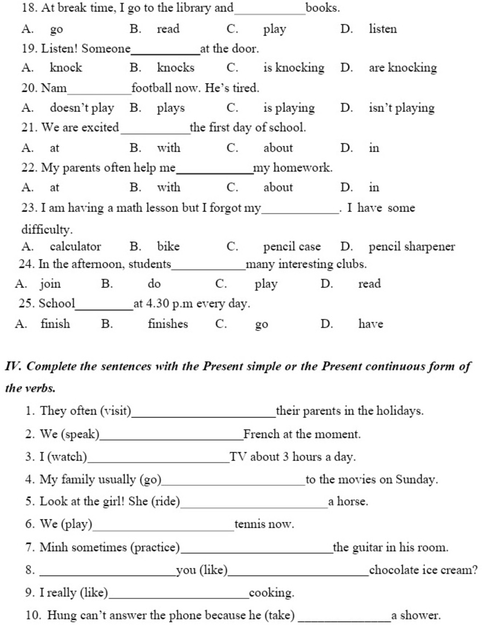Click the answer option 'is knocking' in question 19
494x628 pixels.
pyautogui.click(x=293, y=68)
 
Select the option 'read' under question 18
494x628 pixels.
pyautogui.click(x=168, y=29)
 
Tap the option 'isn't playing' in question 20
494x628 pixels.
pyautogui.click(x=401, y=108)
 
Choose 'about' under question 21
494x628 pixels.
pyautogui.click(x=278, y=148)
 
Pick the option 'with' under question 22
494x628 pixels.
pyautogui.click(x=168, y=187)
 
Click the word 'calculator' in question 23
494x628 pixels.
pyautogui.click(x=75, y=247)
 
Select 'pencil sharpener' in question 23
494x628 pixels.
pyautogui.click(x=412, y=247)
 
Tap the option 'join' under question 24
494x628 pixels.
pyautogui.click(x=50, y=284)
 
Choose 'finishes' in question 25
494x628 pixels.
pyautogui.click(x=167, y=323)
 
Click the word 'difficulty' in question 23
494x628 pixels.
pyautogui.click(x=46, y=229)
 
